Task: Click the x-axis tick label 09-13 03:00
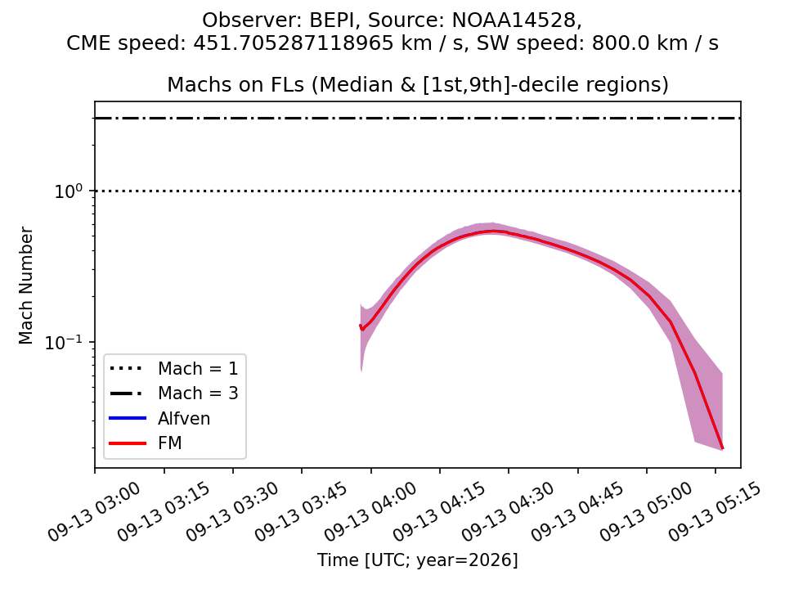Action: [x=93, y=512]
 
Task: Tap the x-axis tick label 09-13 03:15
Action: [x=163, y=512]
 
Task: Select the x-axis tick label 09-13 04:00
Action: [x=370, y=512]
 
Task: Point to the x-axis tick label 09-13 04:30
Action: [x=507, y=512]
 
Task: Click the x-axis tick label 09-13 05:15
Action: [x=715, y=512]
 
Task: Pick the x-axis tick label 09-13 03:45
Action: [x=300, y=512]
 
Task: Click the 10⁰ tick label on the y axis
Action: [x=70, y=191]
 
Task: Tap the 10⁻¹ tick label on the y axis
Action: [x=66, y=342]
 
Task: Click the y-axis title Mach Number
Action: [x=26, y=286]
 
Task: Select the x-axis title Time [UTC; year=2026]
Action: [x=418, y=560]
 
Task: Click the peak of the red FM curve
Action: [x=492, y=231]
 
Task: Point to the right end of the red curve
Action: [x=722, y=448]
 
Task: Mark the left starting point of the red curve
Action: [x=361, y=326]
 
